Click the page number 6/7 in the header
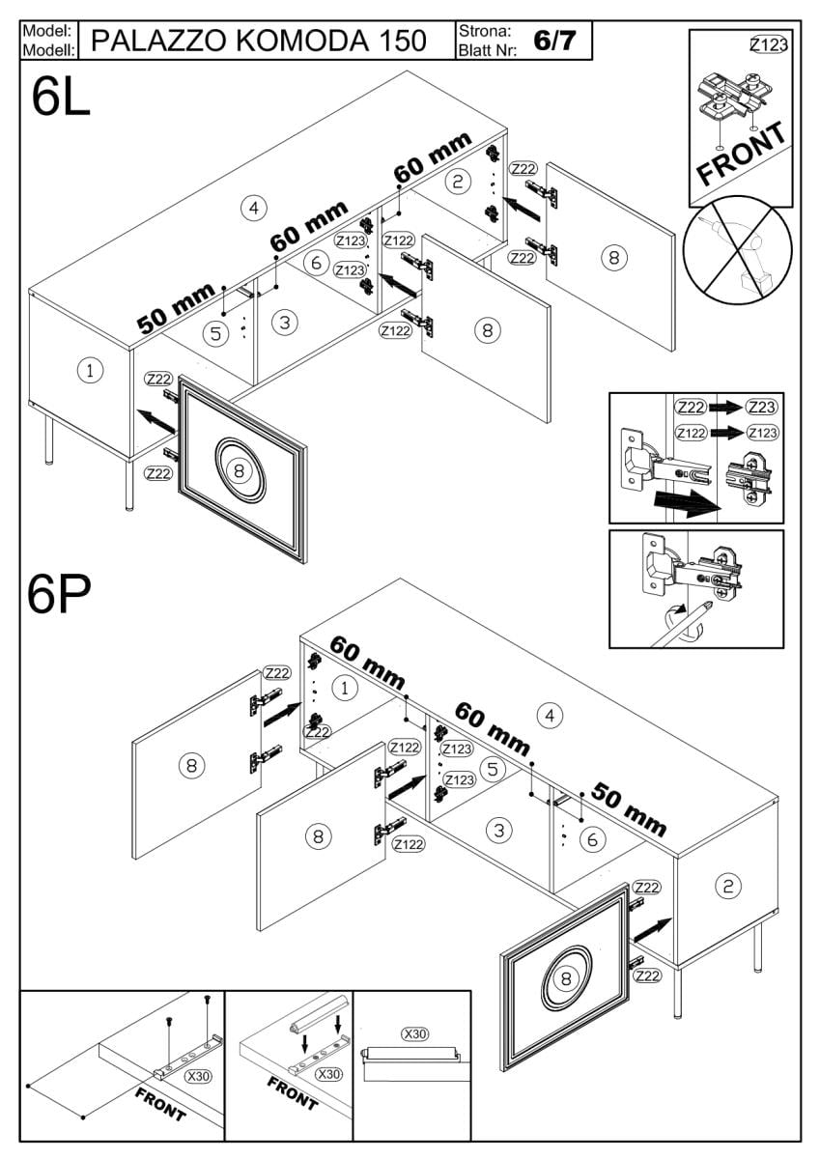(554, 41)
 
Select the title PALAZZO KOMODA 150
(259, 41)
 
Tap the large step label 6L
(61, 98)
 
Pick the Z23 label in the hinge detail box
(761, 408)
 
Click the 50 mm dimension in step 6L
(176, 308)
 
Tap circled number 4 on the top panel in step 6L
(253, 208)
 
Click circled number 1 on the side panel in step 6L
(90, 371)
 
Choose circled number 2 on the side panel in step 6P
(728, 887)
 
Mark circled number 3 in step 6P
(498, 831)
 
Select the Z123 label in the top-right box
(769, 45)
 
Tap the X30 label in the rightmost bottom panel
(415, 1033)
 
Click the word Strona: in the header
(485, 32)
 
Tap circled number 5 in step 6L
(215, 334)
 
